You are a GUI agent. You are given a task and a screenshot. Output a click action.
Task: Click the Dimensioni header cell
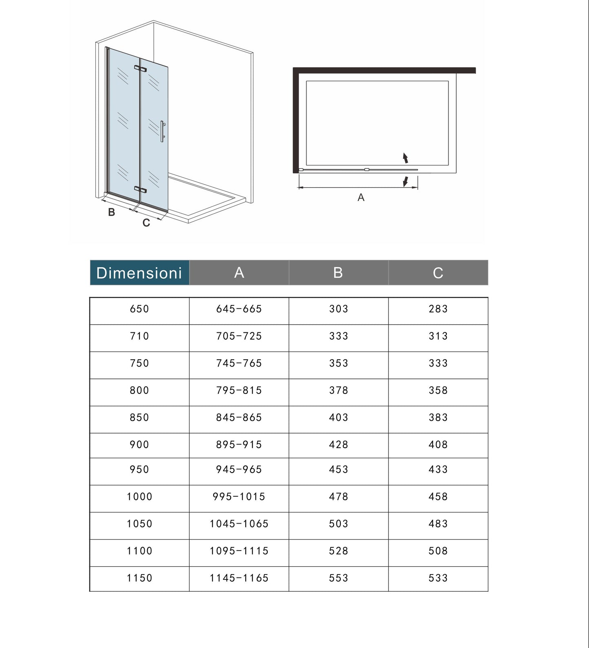(139, 273)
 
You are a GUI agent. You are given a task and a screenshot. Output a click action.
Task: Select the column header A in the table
(239, 272)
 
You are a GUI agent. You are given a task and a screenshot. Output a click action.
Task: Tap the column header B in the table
(338, 272)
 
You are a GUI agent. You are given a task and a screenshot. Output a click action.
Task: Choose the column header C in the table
(438, 272)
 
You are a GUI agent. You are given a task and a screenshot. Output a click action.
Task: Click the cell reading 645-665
(239, 309)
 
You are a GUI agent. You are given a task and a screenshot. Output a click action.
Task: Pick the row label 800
(139, 391)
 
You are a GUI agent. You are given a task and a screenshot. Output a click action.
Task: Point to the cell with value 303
(339, 309)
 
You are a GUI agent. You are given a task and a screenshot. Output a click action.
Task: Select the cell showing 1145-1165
(239, 578)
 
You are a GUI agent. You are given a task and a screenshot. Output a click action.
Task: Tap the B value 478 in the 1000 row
(339, 497)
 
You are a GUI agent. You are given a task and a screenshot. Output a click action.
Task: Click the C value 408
(438, 445)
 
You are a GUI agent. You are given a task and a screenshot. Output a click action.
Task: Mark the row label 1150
(139, 578)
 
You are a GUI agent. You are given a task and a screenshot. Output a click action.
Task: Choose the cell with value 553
(339, 578)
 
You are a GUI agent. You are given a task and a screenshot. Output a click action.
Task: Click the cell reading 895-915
(239, 445)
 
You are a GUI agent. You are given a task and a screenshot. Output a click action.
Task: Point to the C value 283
(438, 309)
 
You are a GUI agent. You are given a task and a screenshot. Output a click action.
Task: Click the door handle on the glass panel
(162, 131)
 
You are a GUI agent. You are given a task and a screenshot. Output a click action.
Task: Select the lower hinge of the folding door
(140, 190)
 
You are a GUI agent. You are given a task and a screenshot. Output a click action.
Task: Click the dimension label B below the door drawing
(111, 212)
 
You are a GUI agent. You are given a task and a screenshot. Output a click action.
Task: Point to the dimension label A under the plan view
(361, 198)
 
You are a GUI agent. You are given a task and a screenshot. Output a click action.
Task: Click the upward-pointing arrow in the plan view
(405, 158)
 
